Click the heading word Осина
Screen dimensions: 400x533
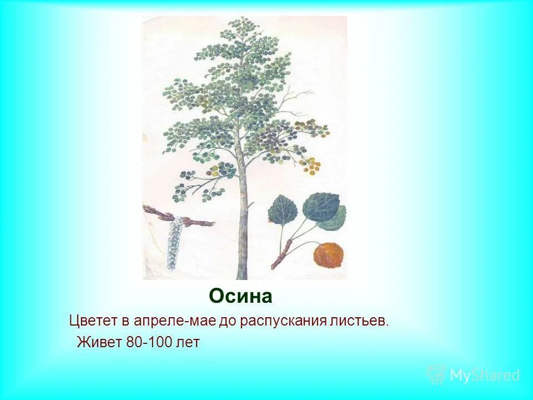(240, 297)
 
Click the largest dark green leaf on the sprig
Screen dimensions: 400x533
(321, 207)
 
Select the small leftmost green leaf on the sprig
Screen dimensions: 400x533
(282, 211)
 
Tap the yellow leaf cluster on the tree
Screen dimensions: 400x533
(311, 165)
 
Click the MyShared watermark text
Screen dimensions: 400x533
(484, 376)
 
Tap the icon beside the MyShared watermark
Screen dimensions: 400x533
(436, 374)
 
